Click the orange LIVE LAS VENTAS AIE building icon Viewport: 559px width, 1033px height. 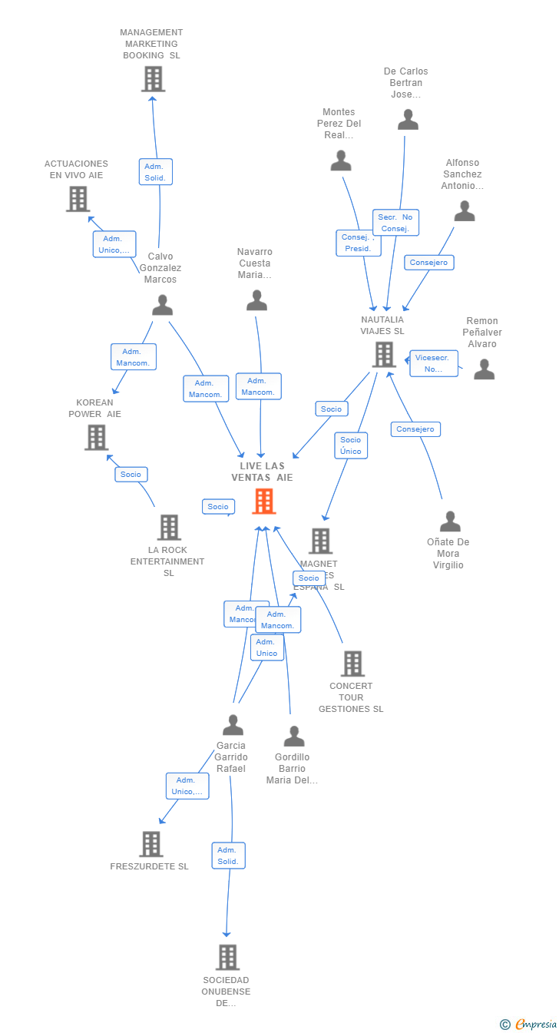(x=264, y=502)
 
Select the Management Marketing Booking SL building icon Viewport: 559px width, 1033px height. (x=153, y=79)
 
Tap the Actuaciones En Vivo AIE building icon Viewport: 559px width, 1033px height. (x=78, y=199)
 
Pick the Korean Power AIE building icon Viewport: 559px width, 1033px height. (x=96, y=438)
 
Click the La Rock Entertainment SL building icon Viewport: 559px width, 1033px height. (x=169, y=528)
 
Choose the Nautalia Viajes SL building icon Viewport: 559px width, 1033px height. (x=383, y=355)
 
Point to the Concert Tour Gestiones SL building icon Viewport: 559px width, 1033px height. (x=352, y=664)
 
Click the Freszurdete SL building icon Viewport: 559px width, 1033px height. (x=151, y=844)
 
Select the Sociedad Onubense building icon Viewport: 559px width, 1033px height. (x=227, y=958)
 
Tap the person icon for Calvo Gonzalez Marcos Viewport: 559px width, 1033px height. (x=162, y=306)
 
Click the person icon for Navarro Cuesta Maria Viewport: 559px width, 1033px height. (x=256, y=301)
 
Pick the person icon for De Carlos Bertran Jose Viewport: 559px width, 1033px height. (x=408, y=120)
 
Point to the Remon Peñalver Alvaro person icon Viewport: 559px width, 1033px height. (x=484, y=369)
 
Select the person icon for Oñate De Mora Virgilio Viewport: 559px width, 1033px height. (x=450, y=521)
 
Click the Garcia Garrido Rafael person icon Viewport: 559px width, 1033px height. (x=233, y=725)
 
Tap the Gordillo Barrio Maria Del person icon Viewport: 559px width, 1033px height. (x=293, y=737)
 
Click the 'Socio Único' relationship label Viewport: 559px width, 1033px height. (x=351, y=445)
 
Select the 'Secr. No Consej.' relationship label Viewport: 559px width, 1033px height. (x=396, y=223)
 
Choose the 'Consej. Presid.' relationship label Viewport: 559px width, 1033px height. (x=358, y=243)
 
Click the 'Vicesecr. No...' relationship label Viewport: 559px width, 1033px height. (x=434, y=363)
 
